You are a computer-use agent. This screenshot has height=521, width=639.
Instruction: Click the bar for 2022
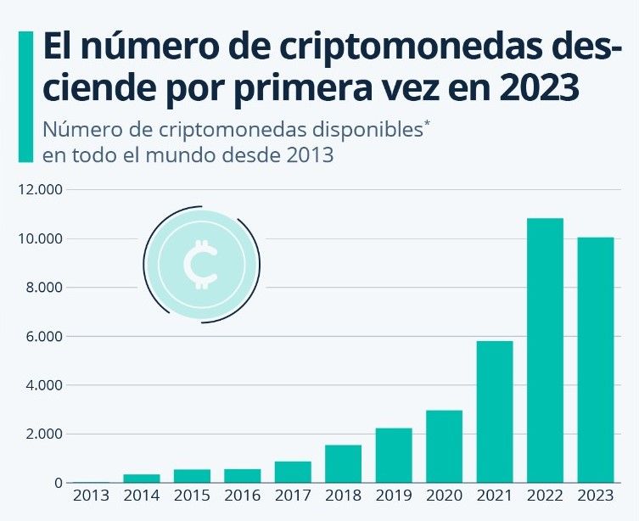(545, 350)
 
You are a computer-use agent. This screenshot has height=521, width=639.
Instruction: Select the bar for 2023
(596, 360)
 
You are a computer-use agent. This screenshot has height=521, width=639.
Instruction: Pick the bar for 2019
(394, 455)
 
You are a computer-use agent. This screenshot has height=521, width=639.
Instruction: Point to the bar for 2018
(343, 463)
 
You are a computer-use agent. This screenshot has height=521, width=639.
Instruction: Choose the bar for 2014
(141, 479)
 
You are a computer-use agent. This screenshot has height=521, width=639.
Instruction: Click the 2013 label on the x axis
(90, 495)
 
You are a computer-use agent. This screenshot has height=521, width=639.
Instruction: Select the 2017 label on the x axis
(292, 495)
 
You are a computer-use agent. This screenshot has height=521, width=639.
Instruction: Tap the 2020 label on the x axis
(444, 495)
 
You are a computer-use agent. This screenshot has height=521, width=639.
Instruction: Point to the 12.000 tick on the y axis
(40, 190)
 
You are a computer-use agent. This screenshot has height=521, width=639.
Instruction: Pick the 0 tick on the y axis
(59, 483)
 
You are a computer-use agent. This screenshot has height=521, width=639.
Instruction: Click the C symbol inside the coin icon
(201, 264)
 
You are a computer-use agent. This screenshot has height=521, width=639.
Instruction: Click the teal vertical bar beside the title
(25, 97)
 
